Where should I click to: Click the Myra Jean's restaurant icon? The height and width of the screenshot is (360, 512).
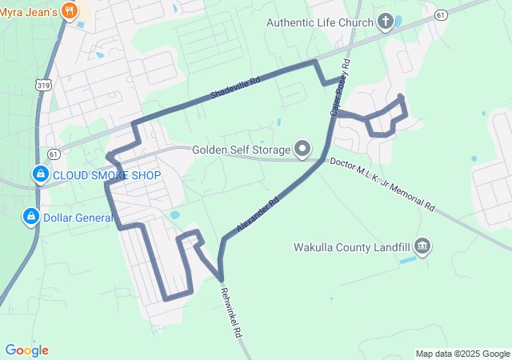pyautogui.click(x=70, y=11)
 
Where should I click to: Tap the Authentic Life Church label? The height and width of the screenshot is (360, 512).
pyautogui.click(x=319, y=22)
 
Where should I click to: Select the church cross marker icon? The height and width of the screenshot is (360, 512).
pyautogui.click(x=386, y=21)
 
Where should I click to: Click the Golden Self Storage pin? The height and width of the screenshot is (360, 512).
pyautogui.click(x=302, y=149)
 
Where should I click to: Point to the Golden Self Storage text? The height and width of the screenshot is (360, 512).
pyautogui.click(x=241, y=150)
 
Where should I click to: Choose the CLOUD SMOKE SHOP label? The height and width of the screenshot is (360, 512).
pyautogui.click(x=107, y=175)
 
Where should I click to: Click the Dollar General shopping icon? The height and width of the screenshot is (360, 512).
pyautogui.click(x=30, y=216)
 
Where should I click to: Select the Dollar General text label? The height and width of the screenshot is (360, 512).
pyautogui.click(x=78, y=217)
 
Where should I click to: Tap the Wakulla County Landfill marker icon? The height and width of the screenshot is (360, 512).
pyautogui.click(x=423, y=246)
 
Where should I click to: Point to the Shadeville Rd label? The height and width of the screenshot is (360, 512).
pyautogui.click(x=236, y=88)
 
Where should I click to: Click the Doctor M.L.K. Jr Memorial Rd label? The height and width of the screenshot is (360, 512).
pyautogui.click(x=392, y=185)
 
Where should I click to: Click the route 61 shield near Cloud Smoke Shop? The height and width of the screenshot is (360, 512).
pyautogui.click(x=53, y=153)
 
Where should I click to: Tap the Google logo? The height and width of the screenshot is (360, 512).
pyautogui.click(x=26, y=350)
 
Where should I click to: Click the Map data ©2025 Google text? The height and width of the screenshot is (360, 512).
pyautogui.click(x=462, y=354)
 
